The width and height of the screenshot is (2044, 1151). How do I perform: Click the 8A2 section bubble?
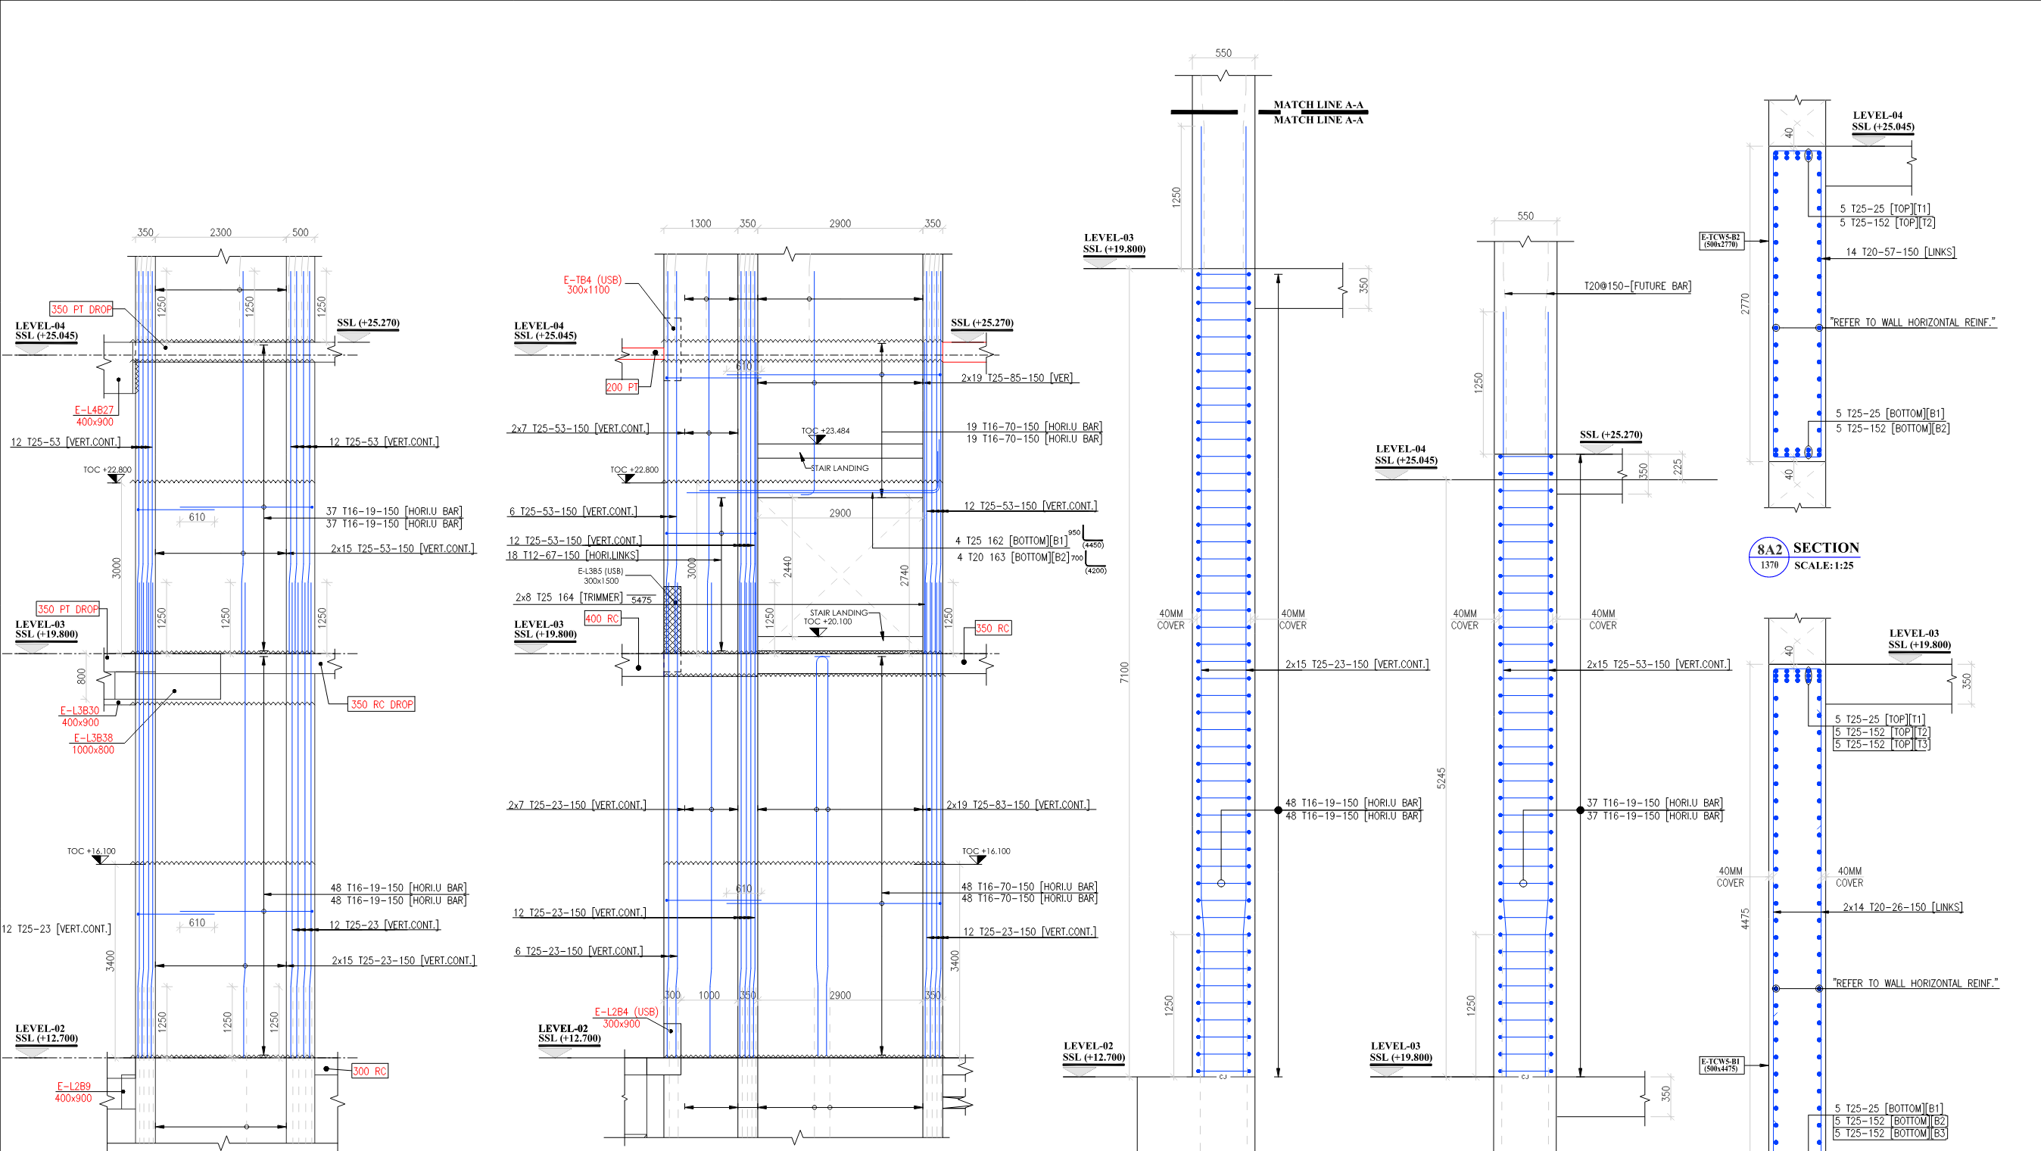[x=1768, y=557]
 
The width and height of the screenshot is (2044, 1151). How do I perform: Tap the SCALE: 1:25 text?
[x=1824, y=566]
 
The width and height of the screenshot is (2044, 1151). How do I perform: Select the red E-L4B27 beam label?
[x=94, y=410]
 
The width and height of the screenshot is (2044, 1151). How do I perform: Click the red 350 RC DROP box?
[x=382, y=704]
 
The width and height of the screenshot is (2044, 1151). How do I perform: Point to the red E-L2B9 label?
[x=73, y=1087]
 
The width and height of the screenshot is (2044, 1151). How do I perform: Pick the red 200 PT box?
[x=622, y=388]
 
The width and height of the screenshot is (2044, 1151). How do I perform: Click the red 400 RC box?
[x=601, y=619]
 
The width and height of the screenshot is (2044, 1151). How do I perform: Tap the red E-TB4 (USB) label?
[x=592, y=280]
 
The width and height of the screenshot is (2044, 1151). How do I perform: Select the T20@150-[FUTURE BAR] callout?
[x=1637, y=285]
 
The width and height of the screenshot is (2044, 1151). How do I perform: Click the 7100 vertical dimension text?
[x=1124, y=672]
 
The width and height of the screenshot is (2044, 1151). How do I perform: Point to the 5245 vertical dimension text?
[x=1441, y=778]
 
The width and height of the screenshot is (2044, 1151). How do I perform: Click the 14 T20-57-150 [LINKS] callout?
[x=1899, y=252]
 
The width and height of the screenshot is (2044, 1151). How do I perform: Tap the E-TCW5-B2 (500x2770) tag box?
[x=1720, y=241]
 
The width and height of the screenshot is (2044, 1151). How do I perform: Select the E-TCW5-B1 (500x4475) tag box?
[x=1720, y=1065]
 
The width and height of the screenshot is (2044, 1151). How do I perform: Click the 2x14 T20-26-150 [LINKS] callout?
[x=1902, y=907]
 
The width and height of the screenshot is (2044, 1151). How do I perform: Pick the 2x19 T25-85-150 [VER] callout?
[x=1017, y=379]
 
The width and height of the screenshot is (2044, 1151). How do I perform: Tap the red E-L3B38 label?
[x=93, y=738]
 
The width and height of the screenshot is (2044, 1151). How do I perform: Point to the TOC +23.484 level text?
[x=825, y=431]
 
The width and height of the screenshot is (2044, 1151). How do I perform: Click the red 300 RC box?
[x=369, y=1071]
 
